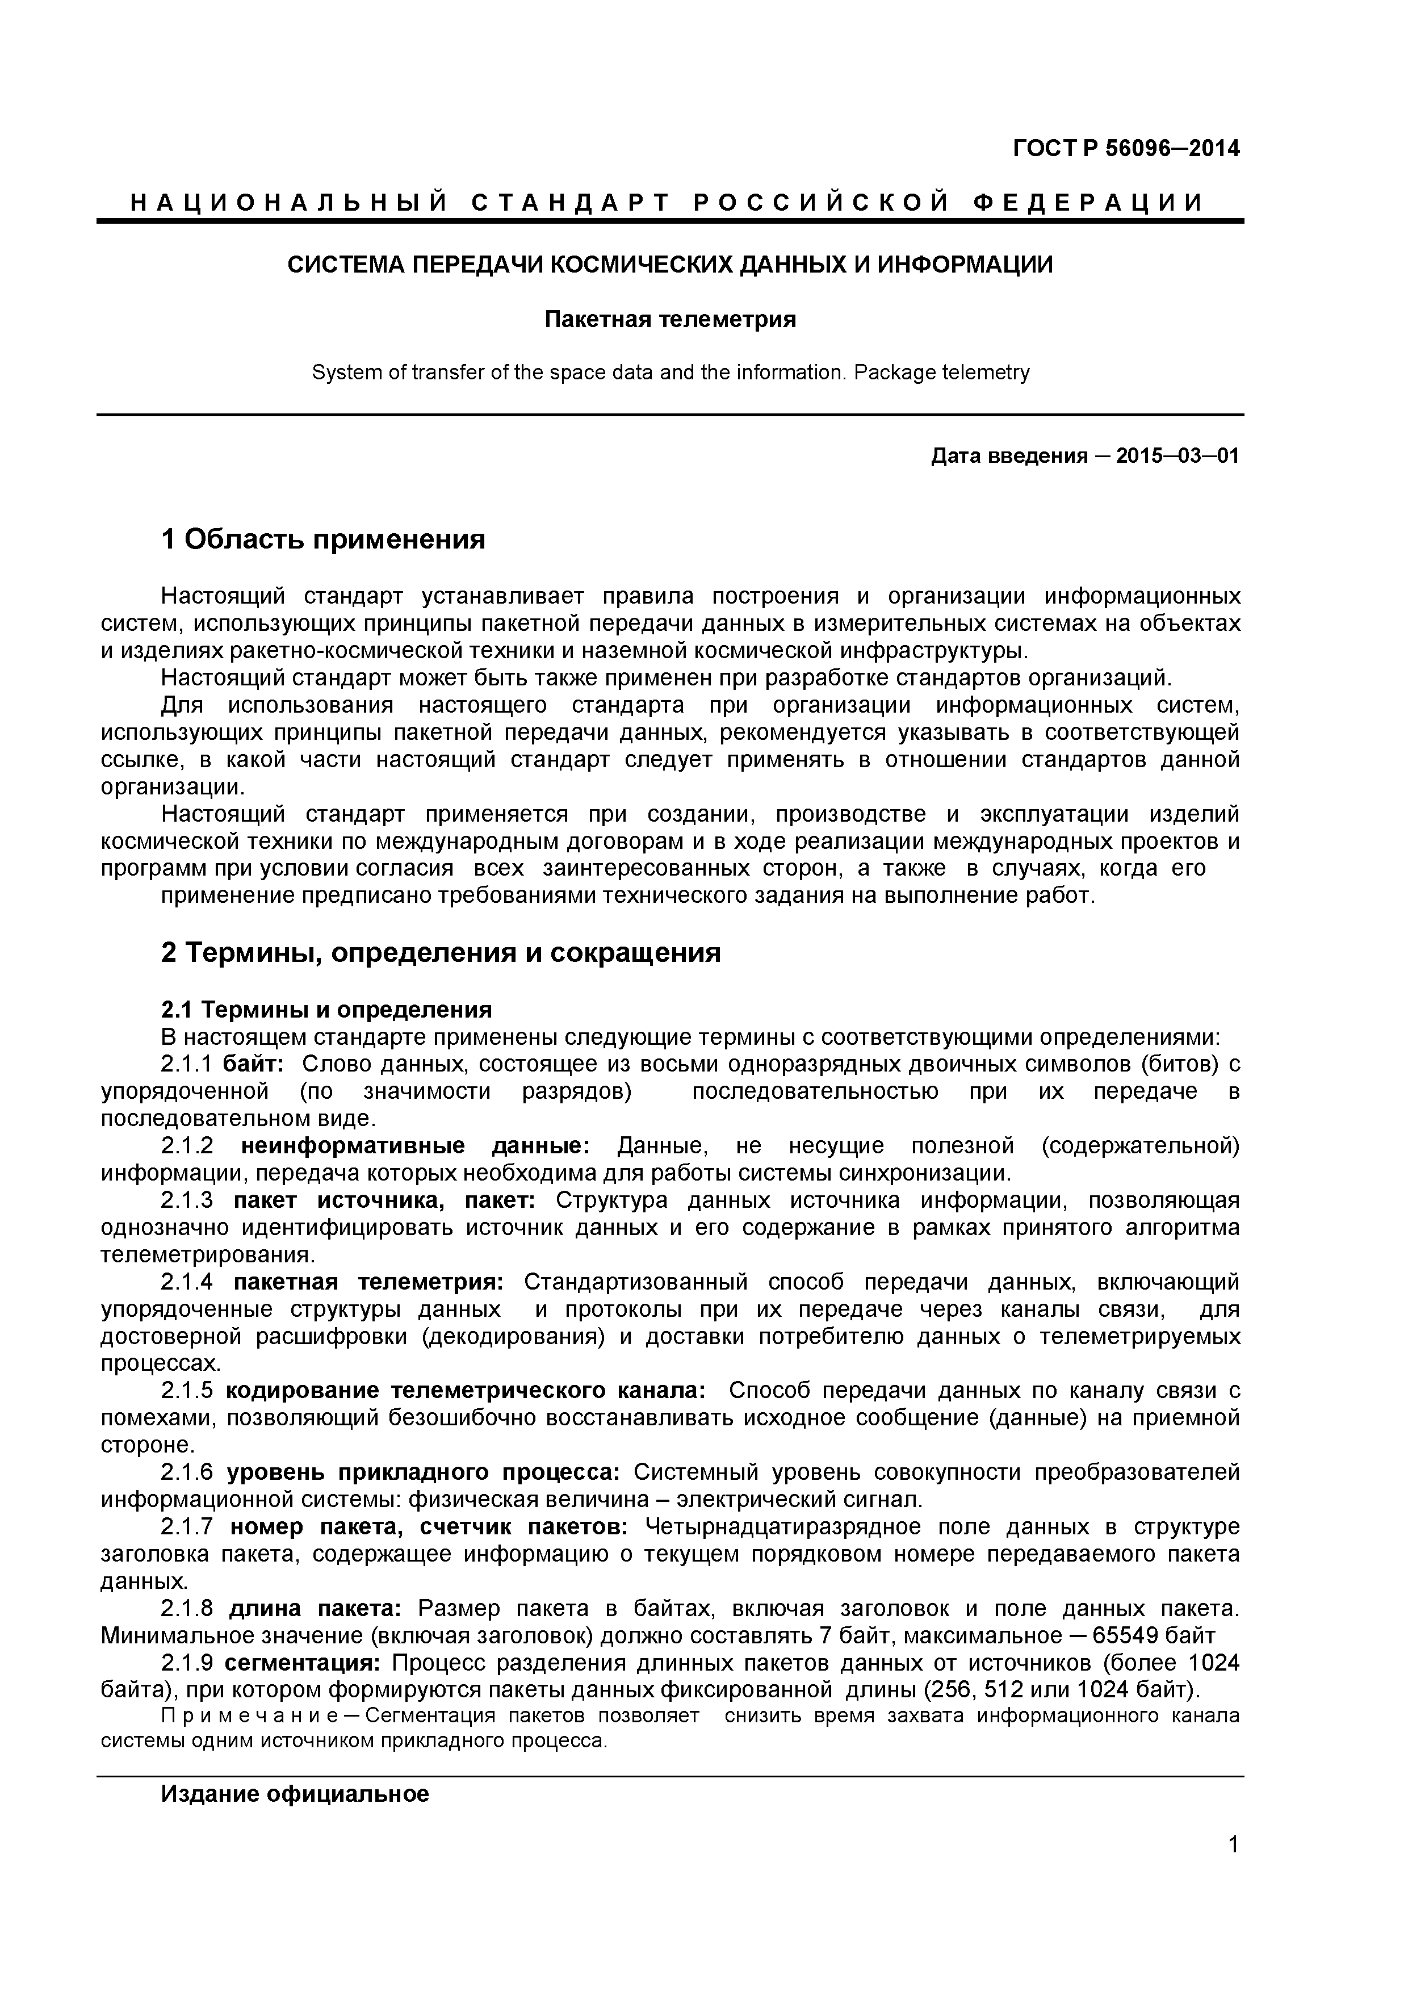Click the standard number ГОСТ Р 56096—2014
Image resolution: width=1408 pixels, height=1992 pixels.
coord(1125,148)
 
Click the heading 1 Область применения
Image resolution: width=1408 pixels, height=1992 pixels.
coord(322,539)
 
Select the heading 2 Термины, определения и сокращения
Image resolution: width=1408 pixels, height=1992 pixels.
coord(441,953)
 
